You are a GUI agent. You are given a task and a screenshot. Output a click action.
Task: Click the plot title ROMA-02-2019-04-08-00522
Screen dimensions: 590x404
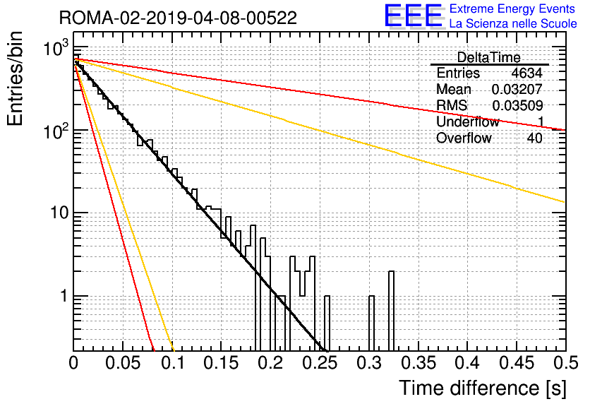[178, 18]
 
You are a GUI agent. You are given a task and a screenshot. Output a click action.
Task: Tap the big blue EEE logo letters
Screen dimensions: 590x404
[413, 16]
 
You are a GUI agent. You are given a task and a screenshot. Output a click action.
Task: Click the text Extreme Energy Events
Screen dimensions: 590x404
[512, 8]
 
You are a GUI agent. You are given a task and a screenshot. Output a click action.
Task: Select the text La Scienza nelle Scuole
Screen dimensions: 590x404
[513, 23]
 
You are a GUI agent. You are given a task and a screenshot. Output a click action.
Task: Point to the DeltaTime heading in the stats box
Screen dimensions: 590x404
[489, 57]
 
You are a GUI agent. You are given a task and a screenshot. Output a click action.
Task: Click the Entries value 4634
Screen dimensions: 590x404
[526, 73]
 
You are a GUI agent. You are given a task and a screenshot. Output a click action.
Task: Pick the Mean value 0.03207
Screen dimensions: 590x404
[517, 89]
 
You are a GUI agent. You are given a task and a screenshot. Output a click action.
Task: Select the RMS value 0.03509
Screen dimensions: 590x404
[517, 106]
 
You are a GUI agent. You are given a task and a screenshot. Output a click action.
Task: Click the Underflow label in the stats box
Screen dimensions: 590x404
[467, 121]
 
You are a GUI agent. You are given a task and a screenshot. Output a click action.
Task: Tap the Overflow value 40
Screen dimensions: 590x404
[534, 138]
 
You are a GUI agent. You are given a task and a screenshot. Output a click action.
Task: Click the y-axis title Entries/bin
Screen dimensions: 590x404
[15, 78]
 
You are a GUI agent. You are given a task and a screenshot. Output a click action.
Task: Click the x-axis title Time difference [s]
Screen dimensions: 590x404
[483, 388]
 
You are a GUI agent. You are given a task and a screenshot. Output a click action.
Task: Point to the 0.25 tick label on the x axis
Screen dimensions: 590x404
[320, 363]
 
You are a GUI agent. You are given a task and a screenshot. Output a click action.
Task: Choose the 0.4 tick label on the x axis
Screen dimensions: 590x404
[467, 363]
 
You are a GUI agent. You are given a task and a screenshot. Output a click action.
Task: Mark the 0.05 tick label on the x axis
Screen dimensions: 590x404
[123, 363]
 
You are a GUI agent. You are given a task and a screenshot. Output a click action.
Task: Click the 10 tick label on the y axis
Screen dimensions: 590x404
[59, 213]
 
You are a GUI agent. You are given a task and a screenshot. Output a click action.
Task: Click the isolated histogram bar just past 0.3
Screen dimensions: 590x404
[371, 323]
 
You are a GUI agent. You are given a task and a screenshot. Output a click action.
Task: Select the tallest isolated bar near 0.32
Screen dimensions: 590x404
[391, 311]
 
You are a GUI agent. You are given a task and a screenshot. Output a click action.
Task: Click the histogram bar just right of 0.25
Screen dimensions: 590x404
[327, 323]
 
